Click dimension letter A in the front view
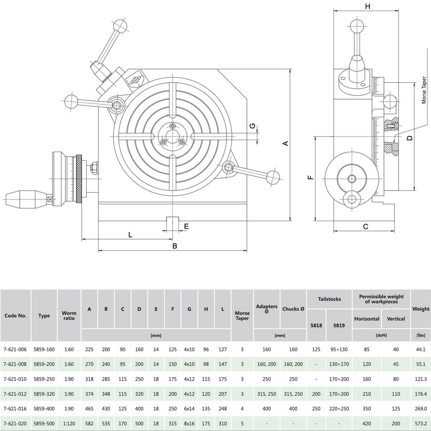(285, 144)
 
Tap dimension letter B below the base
(175, 246)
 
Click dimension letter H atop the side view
(367, 6)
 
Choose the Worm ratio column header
(69, 315)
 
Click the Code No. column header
(16, 315)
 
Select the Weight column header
(421, 309)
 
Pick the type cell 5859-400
(44, 408)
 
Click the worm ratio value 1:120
(69, 423)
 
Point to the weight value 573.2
(421, 423)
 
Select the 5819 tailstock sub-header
(339, 326)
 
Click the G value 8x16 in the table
(189, 423)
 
